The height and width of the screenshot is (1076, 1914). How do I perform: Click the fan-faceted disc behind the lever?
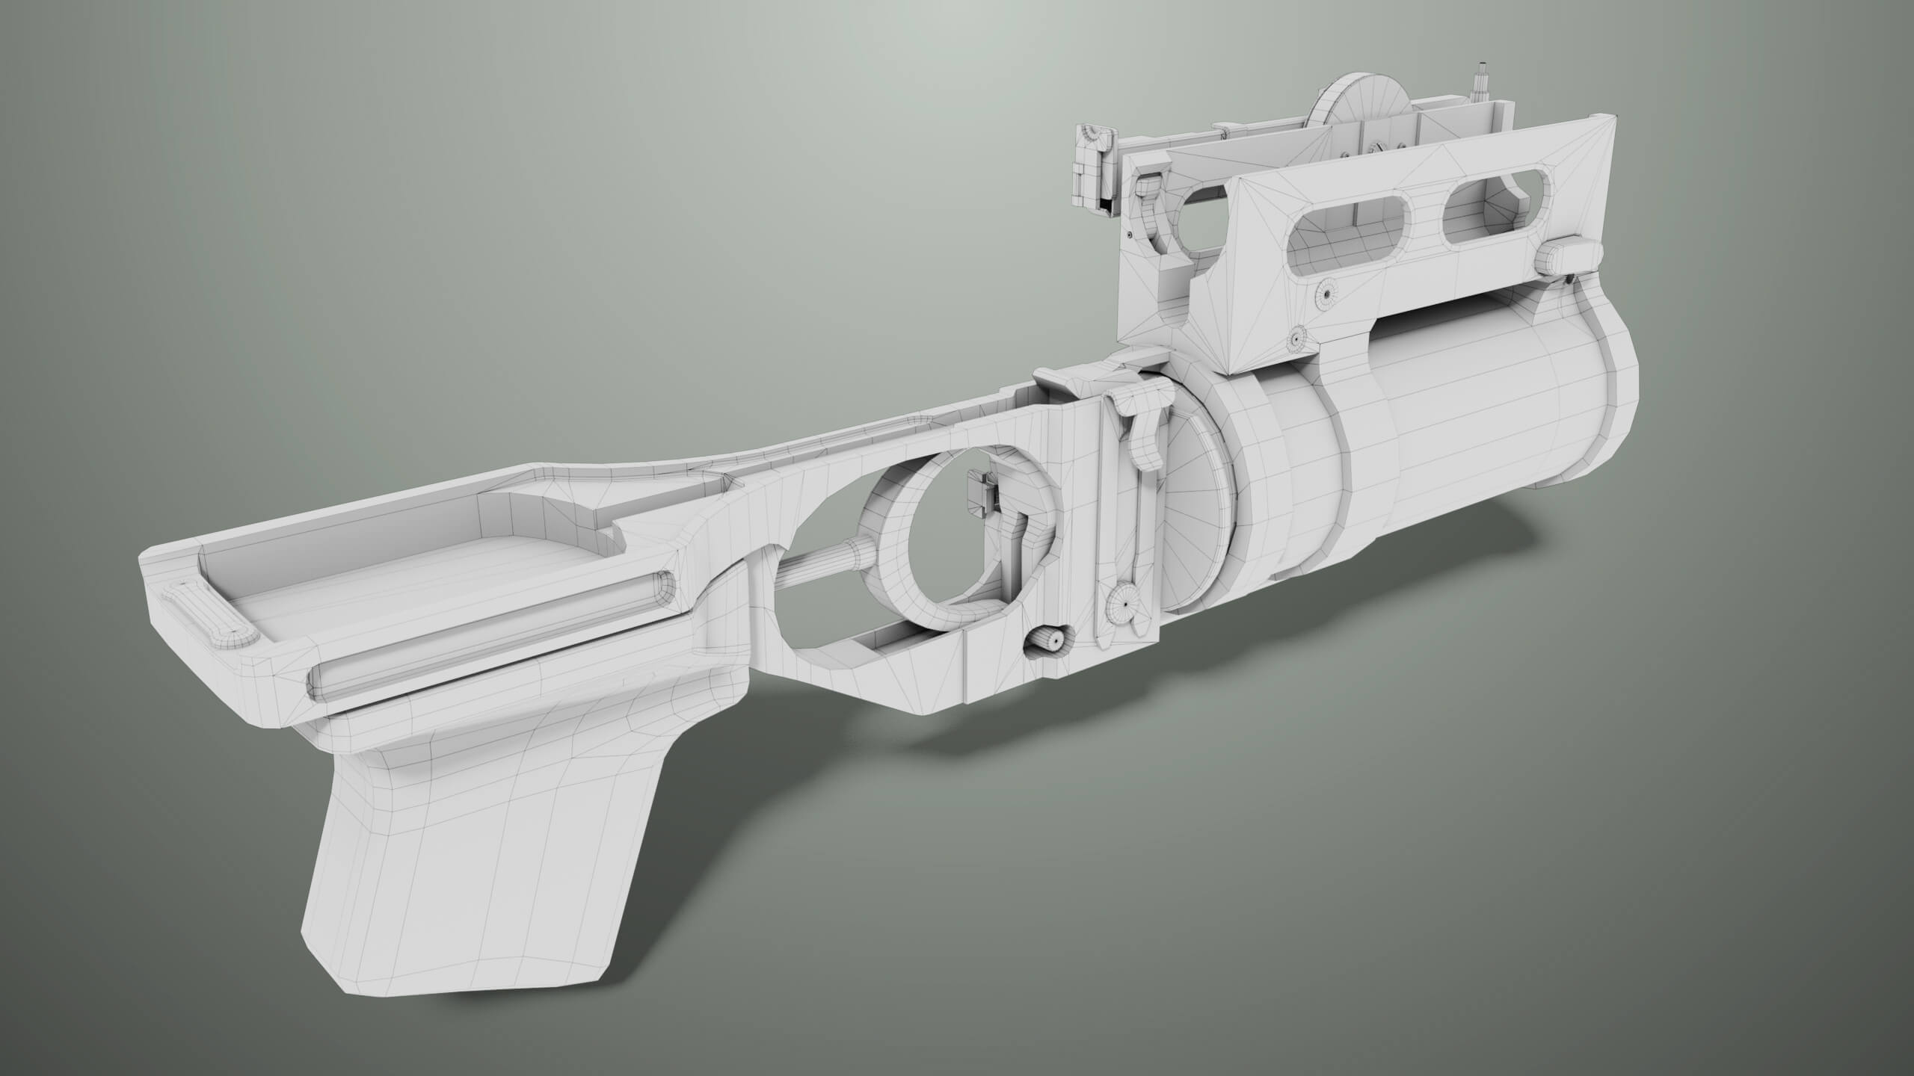[x=1196, y=508]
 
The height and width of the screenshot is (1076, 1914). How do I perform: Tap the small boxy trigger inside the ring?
[x=979, y=493]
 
